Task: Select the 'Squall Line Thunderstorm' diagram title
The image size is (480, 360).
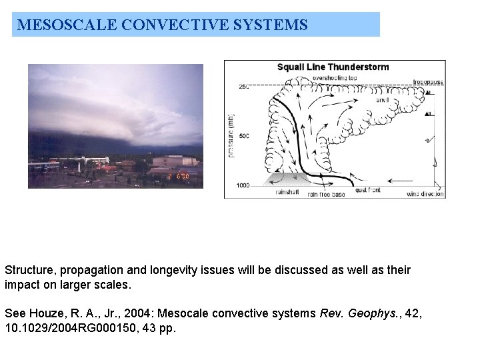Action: click(333, 67)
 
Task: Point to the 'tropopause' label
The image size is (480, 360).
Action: click(428, 82)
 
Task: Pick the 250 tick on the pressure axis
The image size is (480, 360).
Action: click(243, 86)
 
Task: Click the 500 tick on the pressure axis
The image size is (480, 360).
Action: click(243, 136)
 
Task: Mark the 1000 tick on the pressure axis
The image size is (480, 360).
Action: click(242, 185)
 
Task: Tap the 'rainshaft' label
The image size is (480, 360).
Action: click(289, 193)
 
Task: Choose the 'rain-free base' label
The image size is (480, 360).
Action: click(326, 195)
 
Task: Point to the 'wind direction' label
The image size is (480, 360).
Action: click(425, 194)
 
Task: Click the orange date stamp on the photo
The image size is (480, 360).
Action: click(178, 177)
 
